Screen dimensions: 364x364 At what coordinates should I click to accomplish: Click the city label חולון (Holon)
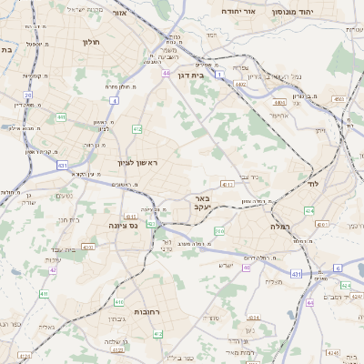click(90, 42)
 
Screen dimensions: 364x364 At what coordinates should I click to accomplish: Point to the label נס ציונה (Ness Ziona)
click(122, 224)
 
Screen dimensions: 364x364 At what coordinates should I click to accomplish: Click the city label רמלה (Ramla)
click(278, 225)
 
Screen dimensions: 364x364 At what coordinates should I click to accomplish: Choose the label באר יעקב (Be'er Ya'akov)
click(201, 202)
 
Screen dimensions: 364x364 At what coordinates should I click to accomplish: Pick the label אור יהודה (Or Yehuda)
click(239, 12)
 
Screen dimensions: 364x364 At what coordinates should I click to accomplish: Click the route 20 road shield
click(28, 95)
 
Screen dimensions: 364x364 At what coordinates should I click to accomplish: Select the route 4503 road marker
click(339, 98)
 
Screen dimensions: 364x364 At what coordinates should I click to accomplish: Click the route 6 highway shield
click(337, 268)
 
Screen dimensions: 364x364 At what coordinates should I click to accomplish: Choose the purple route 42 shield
click(54, 269)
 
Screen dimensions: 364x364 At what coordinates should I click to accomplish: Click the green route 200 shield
click(218, 231)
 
